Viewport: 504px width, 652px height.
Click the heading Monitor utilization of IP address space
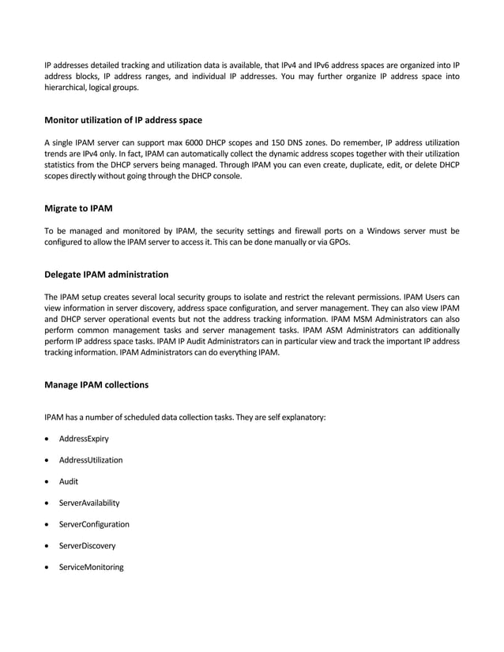tap(123, 120)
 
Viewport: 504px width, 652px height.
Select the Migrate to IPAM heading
tap(78, 208)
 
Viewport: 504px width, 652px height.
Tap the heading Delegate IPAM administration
tap(106, 275)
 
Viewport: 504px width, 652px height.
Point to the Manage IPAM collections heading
tap(96, 385)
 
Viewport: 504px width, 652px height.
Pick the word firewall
tap(318, 230)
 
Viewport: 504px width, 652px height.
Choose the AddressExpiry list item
tap(84, 438)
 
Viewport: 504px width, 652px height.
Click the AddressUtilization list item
tap(91, 459)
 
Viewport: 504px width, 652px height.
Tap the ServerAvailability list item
tap(88, 502)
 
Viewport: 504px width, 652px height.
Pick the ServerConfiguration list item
tap(94, 523)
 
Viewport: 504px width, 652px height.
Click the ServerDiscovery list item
tap(87, 545)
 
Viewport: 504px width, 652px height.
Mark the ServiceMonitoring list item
tap(91, 566)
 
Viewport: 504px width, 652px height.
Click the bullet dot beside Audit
tap(50, 482)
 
